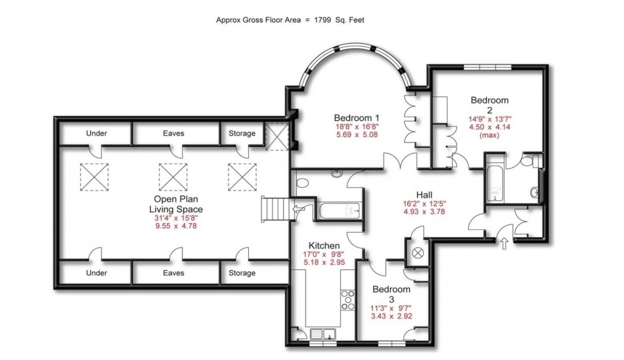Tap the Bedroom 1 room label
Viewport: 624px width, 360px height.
click(x=357, y=118)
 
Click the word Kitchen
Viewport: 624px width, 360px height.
click(x=324, y=245)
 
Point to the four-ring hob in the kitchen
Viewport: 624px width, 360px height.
click(x=348, y=299)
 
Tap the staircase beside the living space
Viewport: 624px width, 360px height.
click(x=274, y=208)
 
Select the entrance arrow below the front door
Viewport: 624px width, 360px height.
click(x=505, y=243)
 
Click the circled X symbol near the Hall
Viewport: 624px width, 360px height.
click(x=418, y=253)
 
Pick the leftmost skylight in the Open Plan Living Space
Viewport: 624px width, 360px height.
click(x=94, y=176)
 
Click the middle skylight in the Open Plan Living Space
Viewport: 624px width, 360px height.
click(x=173, y=176)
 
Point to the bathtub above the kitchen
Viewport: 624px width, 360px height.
click(x=338, y=210)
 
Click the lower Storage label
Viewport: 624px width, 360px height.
click(x=242, y=273)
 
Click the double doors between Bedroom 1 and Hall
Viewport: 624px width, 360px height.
click(x=401, y=162)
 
